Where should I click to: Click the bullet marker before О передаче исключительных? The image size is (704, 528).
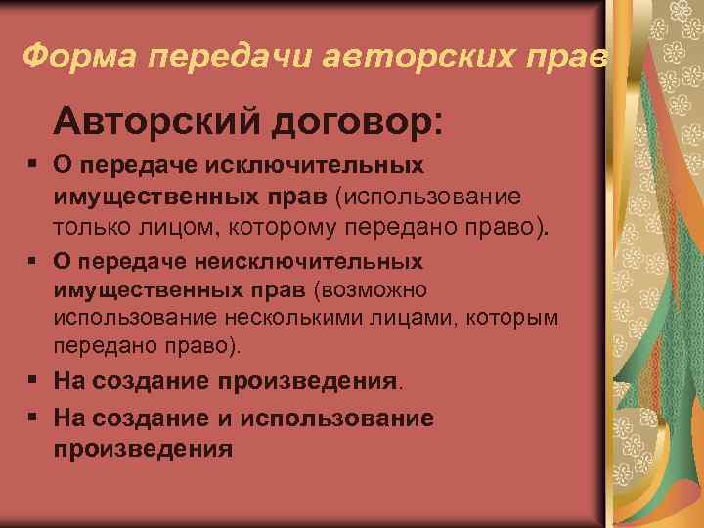(x=32, y=167)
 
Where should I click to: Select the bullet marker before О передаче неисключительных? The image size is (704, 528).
(x=32, y=263)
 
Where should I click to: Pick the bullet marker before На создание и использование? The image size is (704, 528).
(x=32, y=419)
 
